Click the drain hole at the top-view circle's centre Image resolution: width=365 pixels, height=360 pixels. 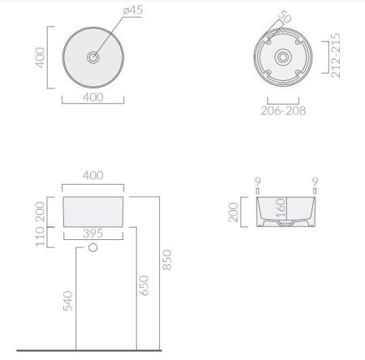coord(94,58)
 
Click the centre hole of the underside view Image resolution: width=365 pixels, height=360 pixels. coord(283,58)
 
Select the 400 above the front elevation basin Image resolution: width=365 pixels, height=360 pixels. coord(94,176)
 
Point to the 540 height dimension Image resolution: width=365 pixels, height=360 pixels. coord(66,300)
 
